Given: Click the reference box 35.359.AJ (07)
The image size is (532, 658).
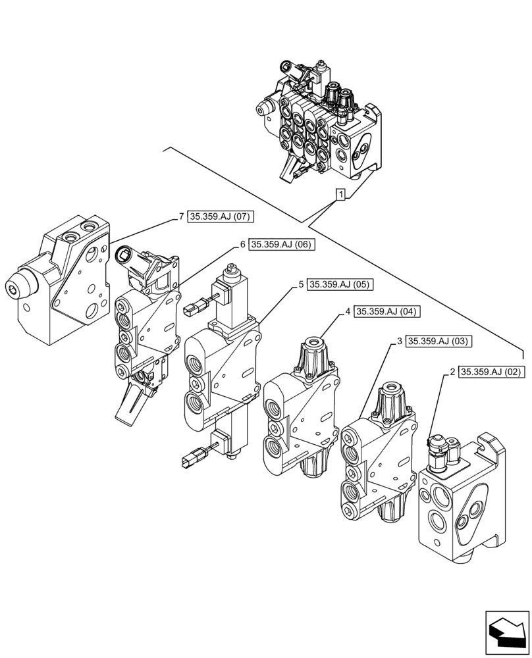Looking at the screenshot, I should [x=221, y=216].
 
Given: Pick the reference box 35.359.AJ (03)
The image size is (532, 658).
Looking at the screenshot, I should [x=439, y=341].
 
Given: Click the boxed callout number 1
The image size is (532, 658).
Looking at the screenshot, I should [x=340, y=194].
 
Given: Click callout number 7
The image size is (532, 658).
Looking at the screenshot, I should [x=181, y=216].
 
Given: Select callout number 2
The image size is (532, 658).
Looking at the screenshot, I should [x=452, y=372].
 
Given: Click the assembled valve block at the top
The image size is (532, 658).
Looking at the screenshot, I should [x=319, y=125].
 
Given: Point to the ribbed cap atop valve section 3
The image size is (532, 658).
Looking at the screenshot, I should [x=394, y=398].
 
